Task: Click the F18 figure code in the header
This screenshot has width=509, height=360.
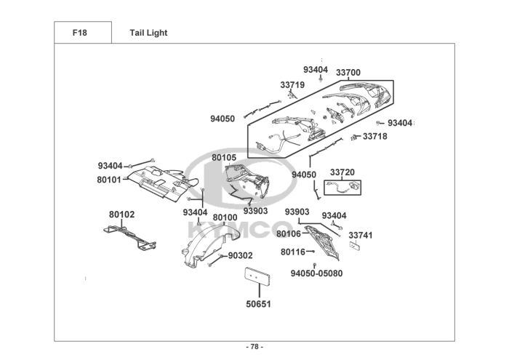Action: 79,33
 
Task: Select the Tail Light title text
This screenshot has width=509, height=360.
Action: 148,33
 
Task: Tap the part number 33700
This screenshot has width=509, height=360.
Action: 348,73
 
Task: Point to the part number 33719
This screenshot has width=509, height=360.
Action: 292,84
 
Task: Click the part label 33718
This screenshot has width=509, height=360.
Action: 375,136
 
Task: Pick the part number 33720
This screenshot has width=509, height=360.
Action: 342,172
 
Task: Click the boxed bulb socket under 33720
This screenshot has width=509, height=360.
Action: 342,188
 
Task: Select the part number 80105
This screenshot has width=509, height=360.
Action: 224,157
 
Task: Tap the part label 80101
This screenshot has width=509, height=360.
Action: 109,180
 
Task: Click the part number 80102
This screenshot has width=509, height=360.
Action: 121,215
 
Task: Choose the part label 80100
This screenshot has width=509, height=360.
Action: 225,217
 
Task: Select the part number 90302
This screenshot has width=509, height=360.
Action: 240,255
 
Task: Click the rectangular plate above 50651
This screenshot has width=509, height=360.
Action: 257,276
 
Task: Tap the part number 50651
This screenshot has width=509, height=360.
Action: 258,304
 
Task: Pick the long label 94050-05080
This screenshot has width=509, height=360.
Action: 316,273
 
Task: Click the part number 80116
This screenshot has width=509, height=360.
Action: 293,252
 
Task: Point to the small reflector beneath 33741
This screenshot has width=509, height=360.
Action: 355,245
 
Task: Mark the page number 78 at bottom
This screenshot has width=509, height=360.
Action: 254,347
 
